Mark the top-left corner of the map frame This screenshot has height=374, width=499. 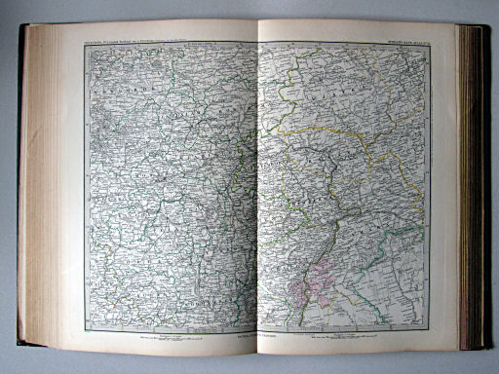click(84, 44)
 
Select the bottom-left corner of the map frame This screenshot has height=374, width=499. click(86, 331)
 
